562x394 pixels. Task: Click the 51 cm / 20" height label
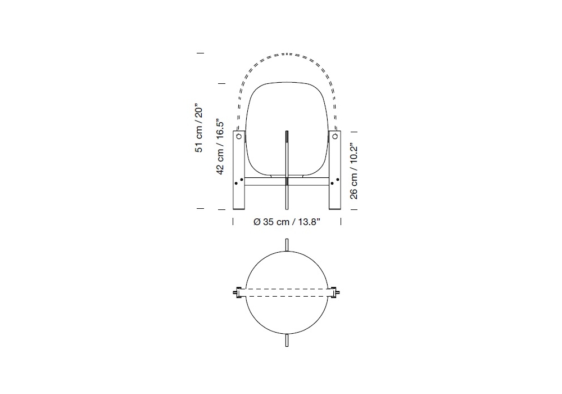click(199, 129)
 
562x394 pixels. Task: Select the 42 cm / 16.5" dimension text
click(220, 147)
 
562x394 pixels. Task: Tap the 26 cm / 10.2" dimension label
click(353, 172)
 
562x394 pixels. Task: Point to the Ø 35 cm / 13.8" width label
click(287, 222)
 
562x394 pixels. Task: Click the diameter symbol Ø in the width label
click(257, 222)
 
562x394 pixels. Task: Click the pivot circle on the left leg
click(239, 136)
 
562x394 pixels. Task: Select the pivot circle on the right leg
click(335, 136)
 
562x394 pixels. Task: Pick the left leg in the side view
click(239, 170)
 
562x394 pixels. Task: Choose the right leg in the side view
click(335, 170)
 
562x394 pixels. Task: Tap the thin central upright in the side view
click(287, 170)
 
